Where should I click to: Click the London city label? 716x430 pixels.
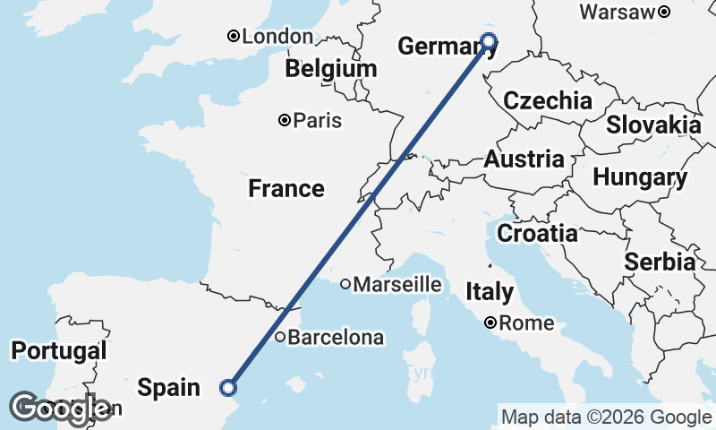pyautogui.click(x=277, y=37)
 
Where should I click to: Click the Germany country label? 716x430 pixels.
pyautogui.click(x=435, y=47)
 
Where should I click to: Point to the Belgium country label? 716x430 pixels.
pyautogui.click(x=331, y=69)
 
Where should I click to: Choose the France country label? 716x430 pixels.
pyautogui.click(x=286, y=188)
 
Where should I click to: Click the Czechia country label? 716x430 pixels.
pyautogui.click(x=548, y=100)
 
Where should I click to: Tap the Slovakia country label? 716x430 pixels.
pyautogui.click(x=653, y=125)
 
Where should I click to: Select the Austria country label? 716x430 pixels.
pyautogui.click(x=524, y=160)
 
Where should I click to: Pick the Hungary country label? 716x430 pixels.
pyautogui.click(x=640, y=177)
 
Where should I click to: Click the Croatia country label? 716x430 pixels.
pyautogui.click(x=537, y=234)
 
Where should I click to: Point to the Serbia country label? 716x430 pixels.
pyautogui.click(x=660, y=262)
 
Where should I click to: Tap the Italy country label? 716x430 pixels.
pyautogui.click(x=490, y=291)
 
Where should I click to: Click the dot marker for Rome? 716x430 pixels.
pyautogui.click(x=491, y=322)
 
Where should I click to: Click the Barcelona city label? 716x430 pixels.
pyautogui.click(x=337, y=339)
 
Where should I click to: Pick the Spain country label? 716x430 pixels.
pyautogui.click(x=168, y=387)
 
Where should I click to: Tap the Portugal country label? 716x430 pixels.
pyautogui.click(x=59, y=350)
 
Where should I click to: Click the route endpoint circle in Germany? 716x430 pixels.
pyautogui.click(x=489, y=39)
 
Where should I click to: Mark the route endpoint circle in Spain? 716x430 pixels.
pyautogui.click(x=228, y=387)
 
